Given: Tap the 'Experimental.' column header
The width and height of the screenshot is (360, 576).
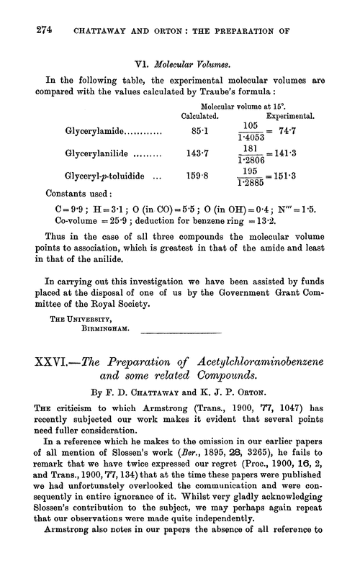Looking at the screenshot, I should (291, 115).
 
